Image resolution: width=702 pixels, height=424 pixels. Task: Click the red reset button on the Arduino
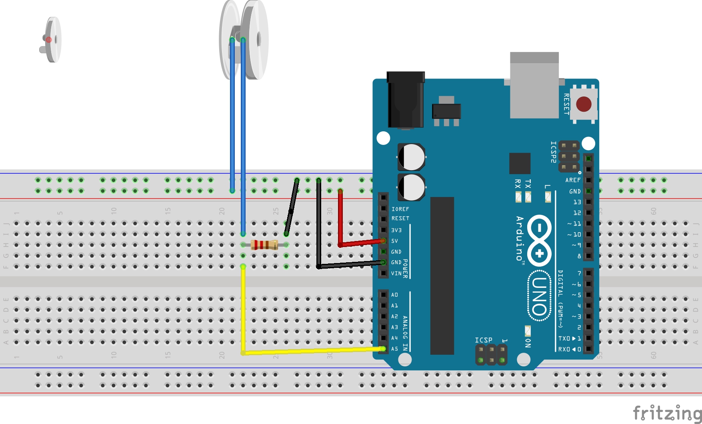(x=584, y=104)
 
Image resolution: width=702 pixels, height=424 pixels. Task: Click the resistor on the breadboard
(x=264, y=245)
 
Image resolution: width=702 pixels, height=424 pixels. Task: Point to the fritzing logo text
(x=667, y=413)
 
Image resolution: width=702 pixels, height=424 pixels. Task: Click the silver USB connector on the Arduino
(x=534, y=85)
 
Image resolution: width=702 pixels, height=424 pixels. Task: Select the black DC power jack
(x=406, y=100)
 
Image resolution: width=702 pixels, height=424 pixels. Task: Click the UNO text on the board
(x=540, y=296)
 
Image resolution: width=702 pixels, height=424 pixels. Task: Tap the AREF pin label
(x=572, y=180)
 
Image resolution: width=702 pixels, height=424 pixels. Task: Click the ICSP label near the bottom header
(x=483, y=340)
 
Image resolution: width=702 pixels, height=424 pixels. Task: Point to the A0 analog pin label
(x=394, y=295)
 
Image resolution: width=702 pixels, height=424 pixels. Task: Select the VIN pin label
(x=396, y=273)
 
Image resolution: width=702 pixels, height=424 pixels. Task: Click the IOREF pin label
(x=400, y=209)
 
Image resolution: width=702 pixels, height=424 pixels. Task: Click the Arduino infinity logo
(x=539, y=240)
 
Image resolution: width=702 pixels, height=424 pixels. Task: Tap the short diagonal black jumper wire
(x=292, y=207)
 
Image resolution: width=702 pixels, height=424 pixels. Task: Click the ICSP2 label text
(x=553, y=152)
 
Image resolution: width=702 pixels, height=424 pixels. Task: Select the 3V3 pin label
(x=396, y=230)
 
